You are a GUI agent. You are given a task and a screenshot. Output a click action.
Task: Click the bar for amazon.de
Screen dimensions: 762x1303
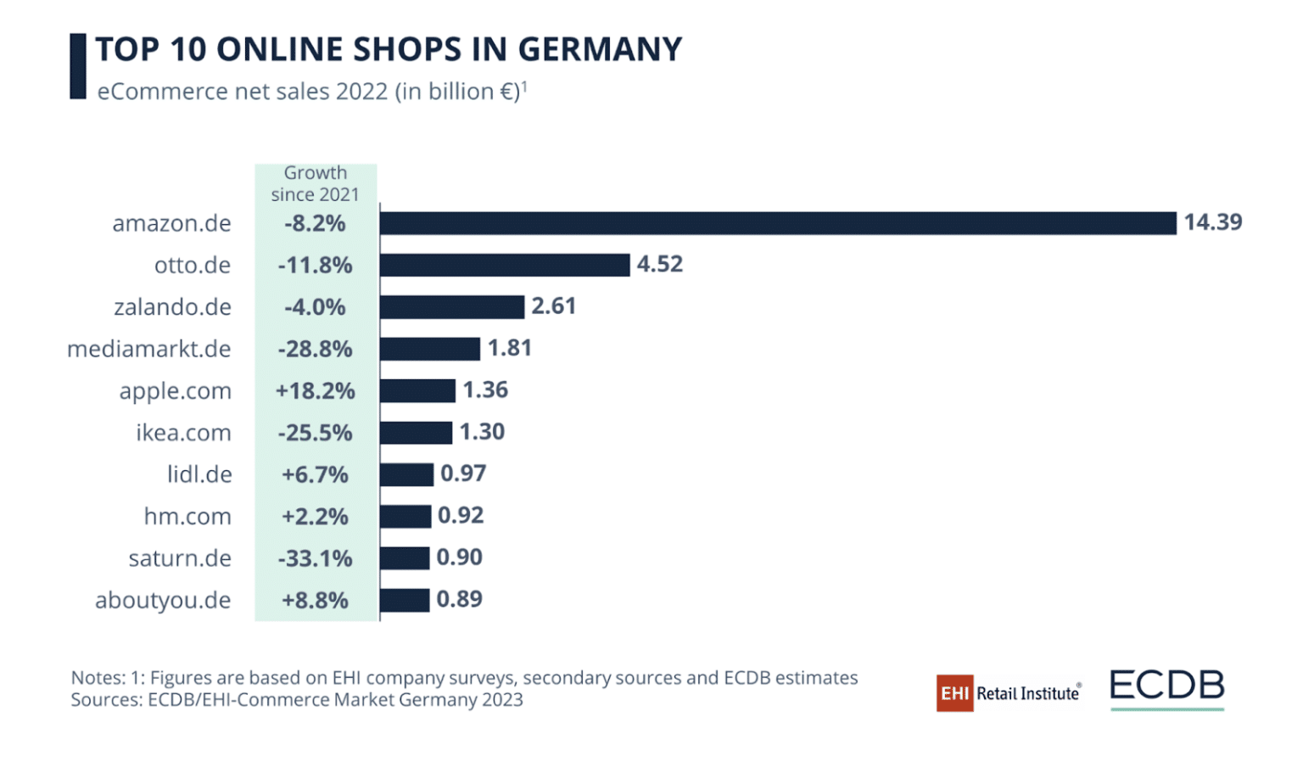tap(777, 223)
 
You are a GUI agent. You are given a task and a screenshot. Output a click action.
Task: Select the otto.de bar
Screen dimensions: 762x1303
tap(505, 265)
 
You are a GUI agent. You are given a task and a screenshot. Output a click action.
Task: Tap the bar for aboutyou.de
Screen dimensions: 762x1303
tap(405, 600)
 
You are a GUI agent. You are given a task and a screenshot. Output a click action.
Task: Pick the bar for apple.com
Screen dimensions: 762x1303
tap(417, 390)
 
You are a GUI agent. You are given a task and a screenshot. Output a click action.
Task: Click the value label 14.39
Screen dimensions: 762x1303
tap(1212, 222)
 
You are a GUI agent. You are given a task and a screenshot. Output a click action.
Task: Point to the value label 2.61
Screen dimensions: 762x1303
tap(553, 306)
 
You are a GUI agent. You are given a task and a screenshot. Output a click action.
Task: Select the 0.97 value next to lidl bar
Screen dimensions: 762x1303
tap(462, 473)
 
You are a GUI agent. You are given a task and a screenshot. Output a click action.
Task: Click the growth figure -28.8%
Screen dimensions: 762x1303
tap(315, 349)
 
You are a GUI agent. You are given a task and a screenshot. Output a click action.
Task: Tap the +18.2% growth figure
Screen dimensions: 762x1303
tap(315, 390)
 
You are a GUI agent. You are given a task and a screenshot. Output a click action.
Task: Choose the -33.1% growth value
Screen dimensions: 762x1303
tap(315, 558)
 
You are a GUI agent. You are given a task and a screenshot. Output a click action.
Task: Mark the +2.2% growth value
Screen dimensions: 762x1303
tap(315, 516)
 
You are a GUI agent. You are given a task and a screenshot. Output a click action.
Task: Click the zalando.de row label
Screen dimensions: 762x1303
tap(172, 307)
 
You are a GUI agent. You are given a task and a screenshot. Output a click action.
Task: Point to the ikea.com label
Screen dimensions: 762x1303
tap(183, 433)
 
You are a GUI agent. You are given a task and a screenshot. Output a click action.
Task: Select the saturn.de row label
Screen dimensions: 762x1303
tap(180, 558)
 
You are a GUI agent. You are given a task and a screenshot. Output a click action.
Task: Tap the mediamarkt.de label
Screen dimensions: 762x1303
tap(148, 349)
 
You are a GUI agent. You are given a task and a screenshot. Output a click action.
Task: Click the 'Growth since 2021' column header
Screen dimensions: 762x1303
tap(315, 183)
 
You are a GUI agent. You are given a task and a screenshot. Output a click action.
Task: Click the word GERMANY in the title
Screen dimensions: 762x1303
tap(599, 49)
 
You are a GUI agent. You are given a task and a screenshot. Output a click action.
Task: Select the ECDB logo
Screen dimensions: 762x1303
tap(1166, 687)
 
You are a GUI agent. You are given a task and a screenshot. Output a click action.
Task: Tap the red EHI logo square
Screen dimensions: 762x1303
tap(954, 693)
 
